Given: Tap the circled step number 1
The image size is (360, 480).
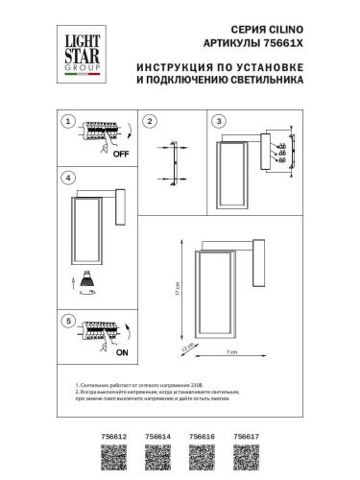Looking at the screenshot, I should (x=66, y=121).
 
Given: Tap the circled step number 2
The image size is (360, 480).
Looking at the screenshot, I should (x=150, y=121).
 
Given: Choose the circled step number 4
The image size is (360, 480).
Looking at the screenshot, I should (x=66, y=179).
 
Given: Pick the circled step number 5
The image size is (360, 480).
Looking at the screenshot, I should (x=66, y=320).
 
